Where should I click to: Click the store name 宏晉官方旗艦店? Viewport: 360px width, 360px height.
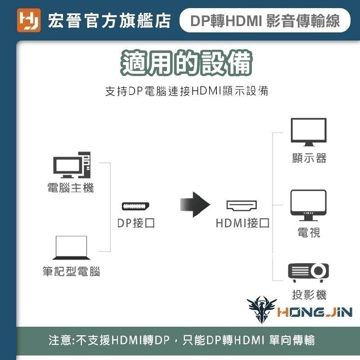(x=109, y=21)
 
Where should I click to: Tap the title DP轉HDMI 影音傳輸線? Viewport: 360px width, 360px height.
(x=265, y=21)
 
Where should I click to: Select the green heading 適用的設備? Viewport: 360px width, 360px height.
(x=186, y=63)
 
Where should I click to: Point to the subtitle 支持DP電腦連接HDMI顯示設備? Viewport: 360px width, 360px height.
(x=186, y=91)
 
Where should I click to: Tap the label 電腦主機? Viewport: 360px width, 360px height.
(x=71, y=188)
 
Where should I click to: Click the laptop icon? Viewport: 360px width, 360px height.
(x=71, y=248)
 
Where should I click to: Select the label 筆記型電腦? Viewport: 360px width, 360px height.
(x=71, y=272)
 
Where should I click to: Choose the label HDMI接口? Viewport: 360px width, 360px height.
(x=242, y=223)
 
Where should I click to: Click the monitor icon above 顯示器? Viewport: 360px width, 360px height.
(x=308, y=132)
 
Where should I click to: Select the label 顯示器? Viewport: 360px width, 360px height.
(x=309, y=158)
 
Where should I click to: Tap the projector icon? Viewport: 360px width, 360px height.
(x=308, y=271)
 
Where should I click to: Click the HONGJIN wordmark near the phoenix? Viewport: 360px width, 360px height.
(x=315, y=312)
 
